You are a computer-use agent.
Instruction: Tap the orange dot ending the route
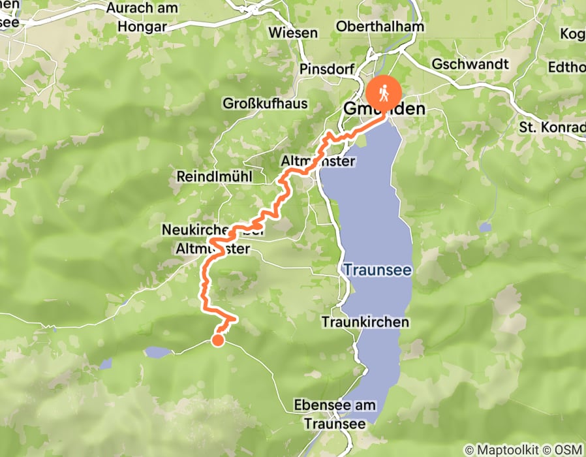point(217,339)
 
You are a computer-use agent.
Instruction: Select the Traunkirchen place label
point(365,322)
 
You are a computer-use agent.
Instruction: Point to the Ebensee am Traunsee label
point(335,414)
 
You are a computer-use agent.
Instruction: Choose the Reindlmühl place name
point(214,177)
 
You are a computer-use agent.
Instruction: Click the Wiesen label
point(293,33)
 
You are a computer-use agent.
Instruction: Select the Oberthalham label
point(380,27)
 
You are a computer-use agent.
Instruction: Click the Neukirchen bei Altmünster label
point(213,240)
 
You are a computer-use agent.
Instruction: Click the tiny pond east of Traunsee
point(484,227)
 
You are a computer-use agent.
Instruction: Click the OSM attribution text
point(568,450)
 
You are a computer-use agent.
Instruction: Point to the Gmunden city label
point(385,110)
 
